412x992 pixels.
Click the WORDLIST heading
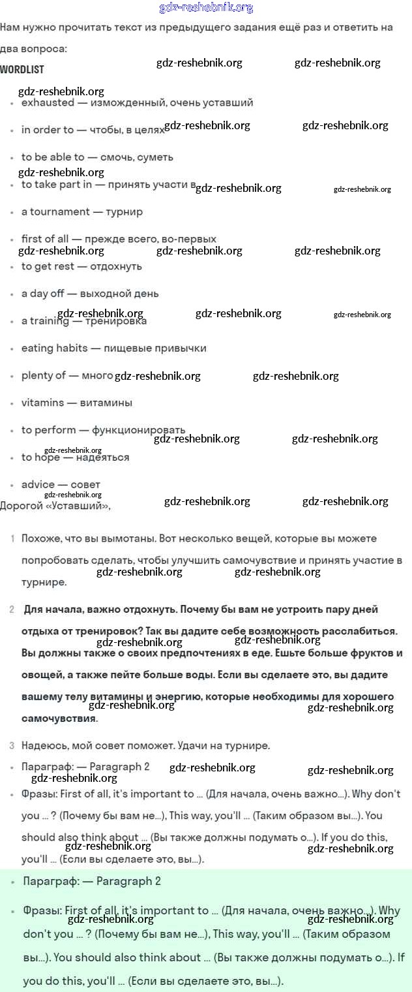[22, 69]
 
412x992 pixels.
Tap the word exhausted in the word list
[48, 102]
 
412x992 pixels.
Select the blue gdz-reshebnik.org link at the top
[206, 8]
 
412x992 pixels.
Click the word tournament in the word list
[59, 211]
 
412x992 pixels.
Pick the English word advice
[38, 484]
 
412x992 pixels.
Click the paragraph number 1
[12, 538]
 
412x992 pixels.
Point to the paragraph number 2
[12, 610]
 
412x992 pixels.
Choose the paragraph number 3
[12, 745]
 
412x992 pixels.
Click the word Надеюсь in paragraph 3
[44, 745]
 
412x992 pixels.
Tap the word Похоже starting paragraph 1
[40, 538]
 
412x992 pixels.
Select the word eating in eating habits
[37, 348]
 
